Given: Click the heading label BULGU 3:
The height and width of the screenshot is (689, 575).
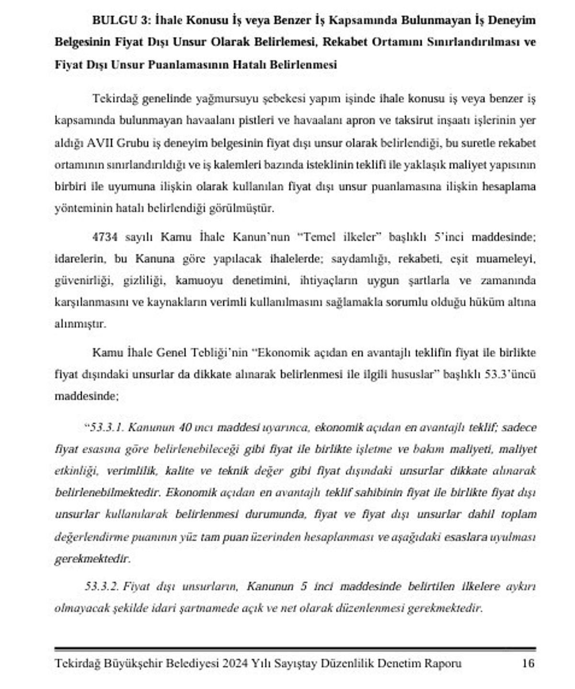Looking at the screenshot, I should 122,21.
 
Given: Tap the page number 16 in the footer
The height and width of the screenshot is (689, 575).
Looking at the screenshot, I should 528,663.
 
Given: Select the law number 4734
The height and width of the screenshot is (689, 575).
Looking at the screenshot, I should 104,237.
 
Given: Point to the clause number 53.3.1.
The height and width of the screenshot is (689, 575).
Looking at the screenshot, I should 107,427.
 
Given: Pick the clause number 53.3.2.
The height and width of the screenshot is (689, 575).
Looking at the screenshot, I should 102,586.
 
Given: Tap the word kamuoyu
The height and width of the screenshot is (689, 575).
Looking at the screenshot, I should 199,280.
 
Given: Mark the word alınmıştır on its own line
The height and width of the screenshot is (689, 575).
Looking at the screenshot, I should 80,324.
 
